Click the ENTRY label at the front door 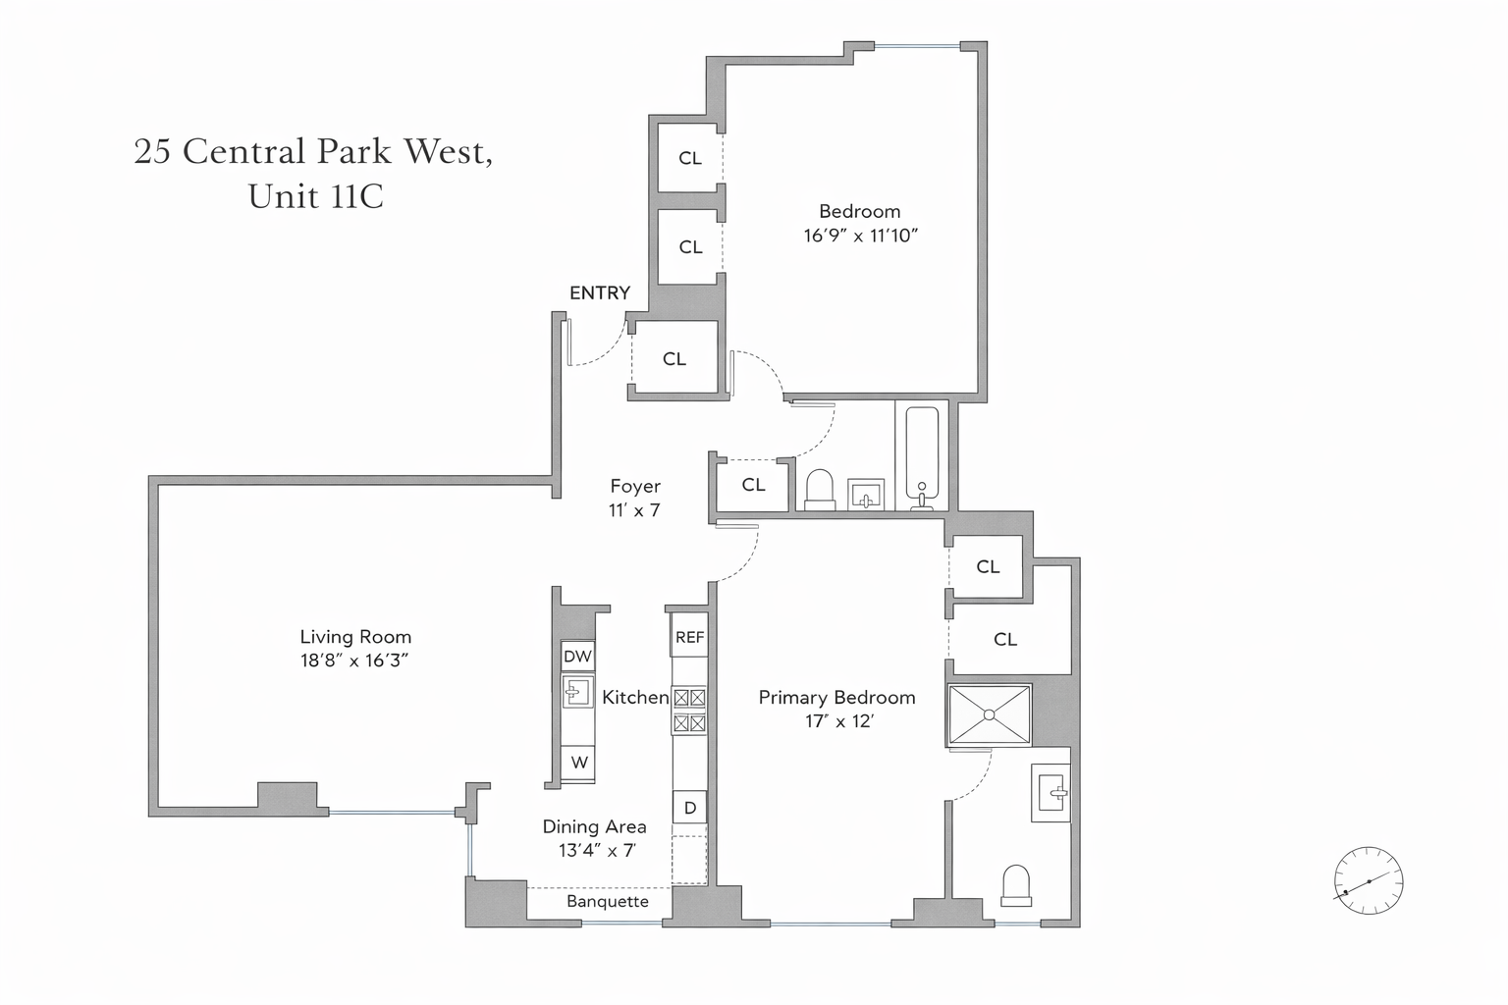(x=599, y=292)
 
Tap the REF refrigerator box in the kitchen (x=689, y=637)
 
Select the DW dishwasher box (x=577, y=656)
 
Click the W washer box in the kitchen (x=579, y=762)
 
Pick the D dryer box (x=689, y=808)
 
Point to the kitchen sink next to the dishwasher (x=577, y=692)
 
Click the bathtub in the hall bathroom (x=922, y=454)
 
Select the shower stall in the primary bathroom (x=989, y=714)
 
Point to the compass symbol (x=1368, y=880)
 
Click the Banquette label (x=607, y=901)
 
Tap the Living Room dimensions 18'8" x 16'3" (x=354, y=661)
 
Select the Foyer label (x=635, y=486)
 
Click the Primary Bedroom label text (x=836, y=697)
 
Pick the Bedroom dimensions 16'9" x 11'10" (x=860, y=236)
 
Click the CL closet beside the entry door (x=673, y=359)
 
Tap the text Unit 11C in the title (x=315, y=196)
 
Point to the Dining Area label (x=594, y=826)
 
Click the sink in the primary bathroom (x=1051, y=792)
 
